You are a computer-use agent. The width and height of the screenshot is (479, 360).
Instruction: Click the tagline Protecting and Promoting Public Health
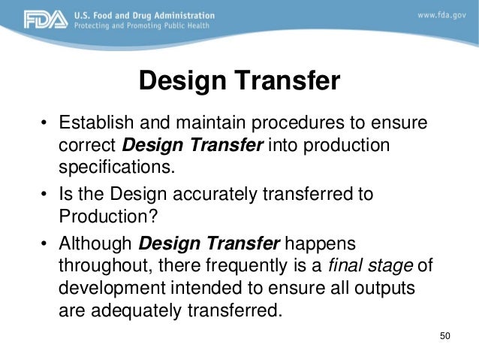pos(148,25)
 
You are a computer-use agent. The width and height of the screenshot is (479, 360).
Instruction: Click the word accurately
pos(197,196)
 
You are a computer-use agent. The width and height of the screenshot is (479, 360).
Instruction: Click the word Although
pos(96,246)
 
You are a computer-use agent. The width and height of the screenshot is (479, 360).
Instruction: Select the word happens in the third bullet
pos(321,246)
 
